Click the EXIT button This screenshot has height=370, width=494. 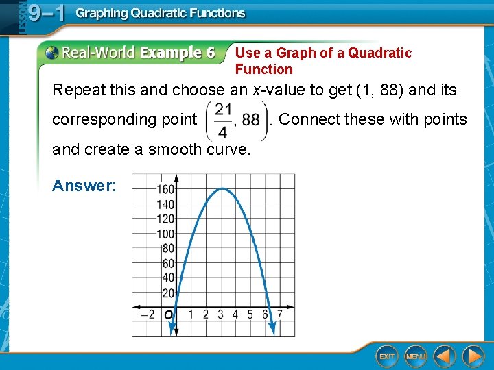(x=387, y=356)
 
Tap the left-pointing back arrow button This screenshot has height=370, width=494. (x=445, y=356)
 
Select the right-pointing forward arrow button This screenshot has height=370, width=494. (x=473, y=356)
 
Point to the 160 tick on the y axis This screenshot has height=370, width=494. (x=166, y=190)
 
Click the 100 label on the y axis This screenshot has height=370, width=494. (x=166, y=234)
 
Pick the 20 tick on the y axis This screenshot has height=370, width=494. (x=168, y=293)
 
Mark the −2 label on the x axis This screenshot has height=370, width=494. (x=147, y=314)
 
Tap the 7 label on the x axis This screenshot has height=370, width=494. (x=279, y=314)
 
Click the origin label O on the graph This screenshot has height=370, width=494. (x=169, y=315)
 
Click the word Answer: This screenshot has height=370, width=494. (x=84, y=186)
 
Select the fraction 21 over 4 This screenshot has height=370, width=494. (x=222, y=119)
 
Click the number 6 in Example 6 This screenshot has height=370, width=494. (x=209, y=53)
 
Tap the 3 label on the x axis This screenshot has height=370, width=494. (x=220, y=314)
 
